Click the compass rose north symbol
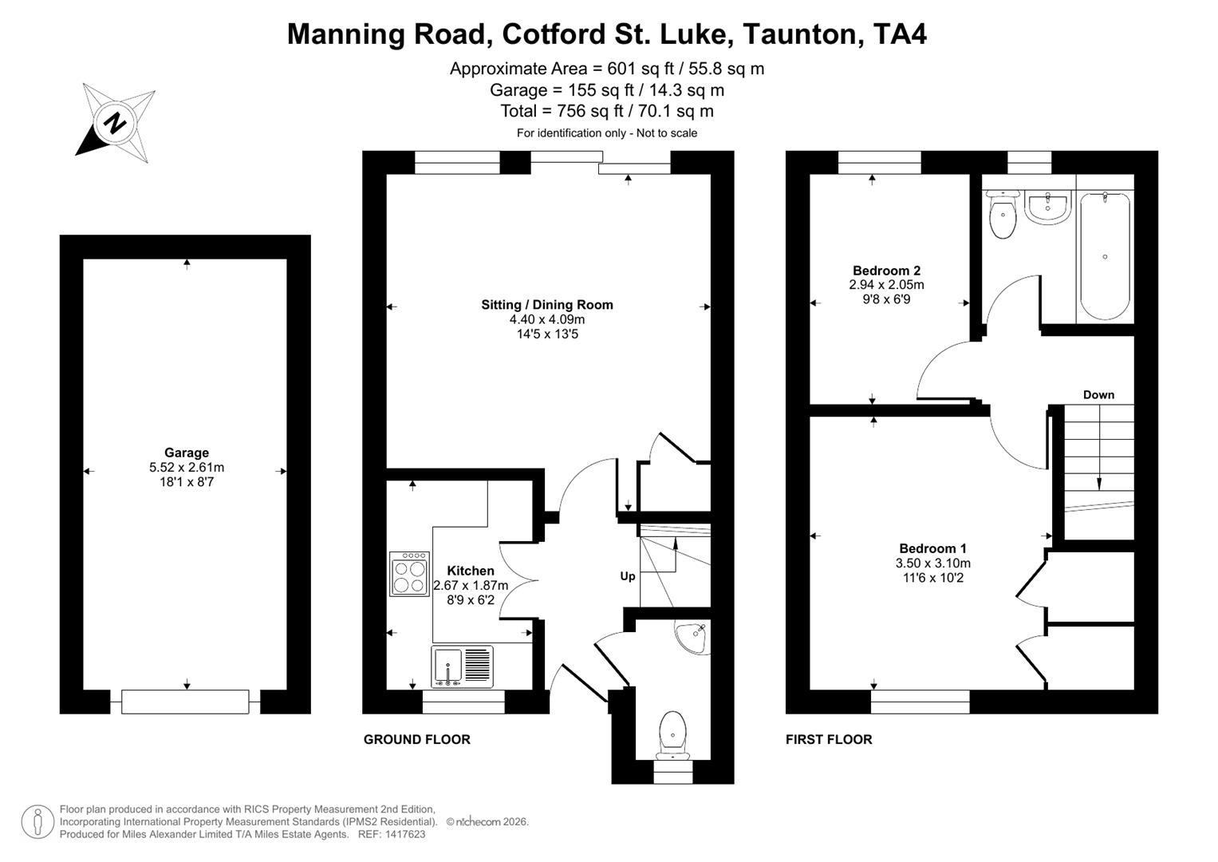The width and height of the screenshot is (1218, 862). [x=115, y=124]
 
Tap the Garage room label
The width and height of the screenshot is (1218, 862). [x=187, y=453]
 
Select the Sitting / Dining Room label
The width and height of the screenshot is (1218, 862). [x=547, y=304]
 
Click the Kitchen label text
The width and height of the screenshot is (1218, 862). [x=471, y=571]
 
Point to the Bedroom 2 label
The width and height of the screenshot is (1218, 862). [x=886, y=271]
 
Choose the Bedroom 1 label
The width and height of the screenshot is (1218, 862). [x=932, y=548]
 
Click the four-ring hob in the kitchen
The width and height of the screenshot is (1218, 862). [x=409, y=574]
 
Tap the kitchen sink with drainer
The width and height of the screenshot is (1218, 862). [x=462, y=666]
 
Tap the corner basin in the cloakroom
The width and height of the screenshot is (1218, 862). [x=691, y=636]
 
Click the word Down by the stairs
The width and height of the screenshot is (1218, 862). [x=1098, y=394]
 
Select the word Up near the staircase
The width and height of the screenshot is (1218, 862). [x=628, y=575]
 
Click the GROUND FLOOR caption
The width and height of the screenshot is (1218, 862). [x=416, y=739]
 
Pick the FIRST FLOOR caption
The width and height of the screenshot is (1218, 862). [x=829, y=739]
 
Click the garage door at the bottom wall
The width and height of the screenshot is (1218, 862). [x=185, y=702]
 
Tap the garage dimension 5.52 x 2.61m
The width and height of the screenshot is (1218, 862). [x=187, y=468]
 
